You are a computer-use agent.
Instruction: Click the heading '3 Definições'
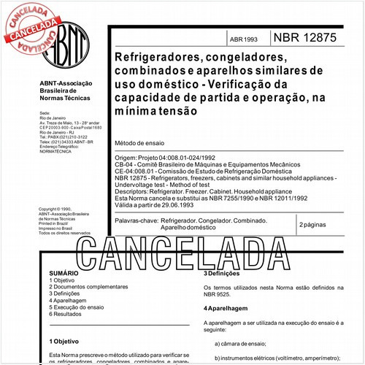click(225, 273)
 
